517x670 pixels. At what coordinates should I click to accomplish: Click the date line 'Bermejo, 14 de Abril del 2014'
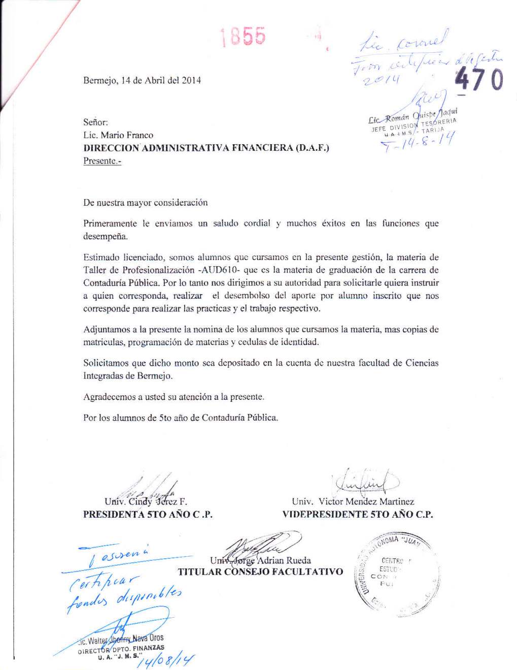coord(142,80)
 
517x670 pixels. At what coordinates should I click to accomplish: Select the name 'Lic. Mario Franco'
coord(118,135)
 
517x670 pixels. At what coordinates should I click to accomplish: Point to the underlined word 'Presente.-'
coord(102,161)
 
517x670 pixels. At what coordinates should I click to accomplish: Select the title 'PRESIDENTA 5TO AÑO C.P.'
coord(148,515)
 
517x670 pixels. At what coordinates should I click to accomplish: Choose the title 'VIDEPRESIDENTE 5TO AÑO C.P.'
coord(357,515)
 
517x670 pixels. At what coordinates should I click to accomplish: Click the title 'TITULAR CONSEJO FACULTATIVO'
coord(260,572)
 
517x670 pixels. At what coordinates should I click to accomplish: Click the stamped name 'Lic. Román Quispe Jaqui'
coord(412,116)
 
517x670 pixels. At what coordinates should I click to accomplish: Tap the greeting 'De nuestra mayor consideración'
coord(145,203)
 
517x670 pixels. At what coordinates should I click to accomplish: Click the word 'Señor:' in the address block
coord(95,122)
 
